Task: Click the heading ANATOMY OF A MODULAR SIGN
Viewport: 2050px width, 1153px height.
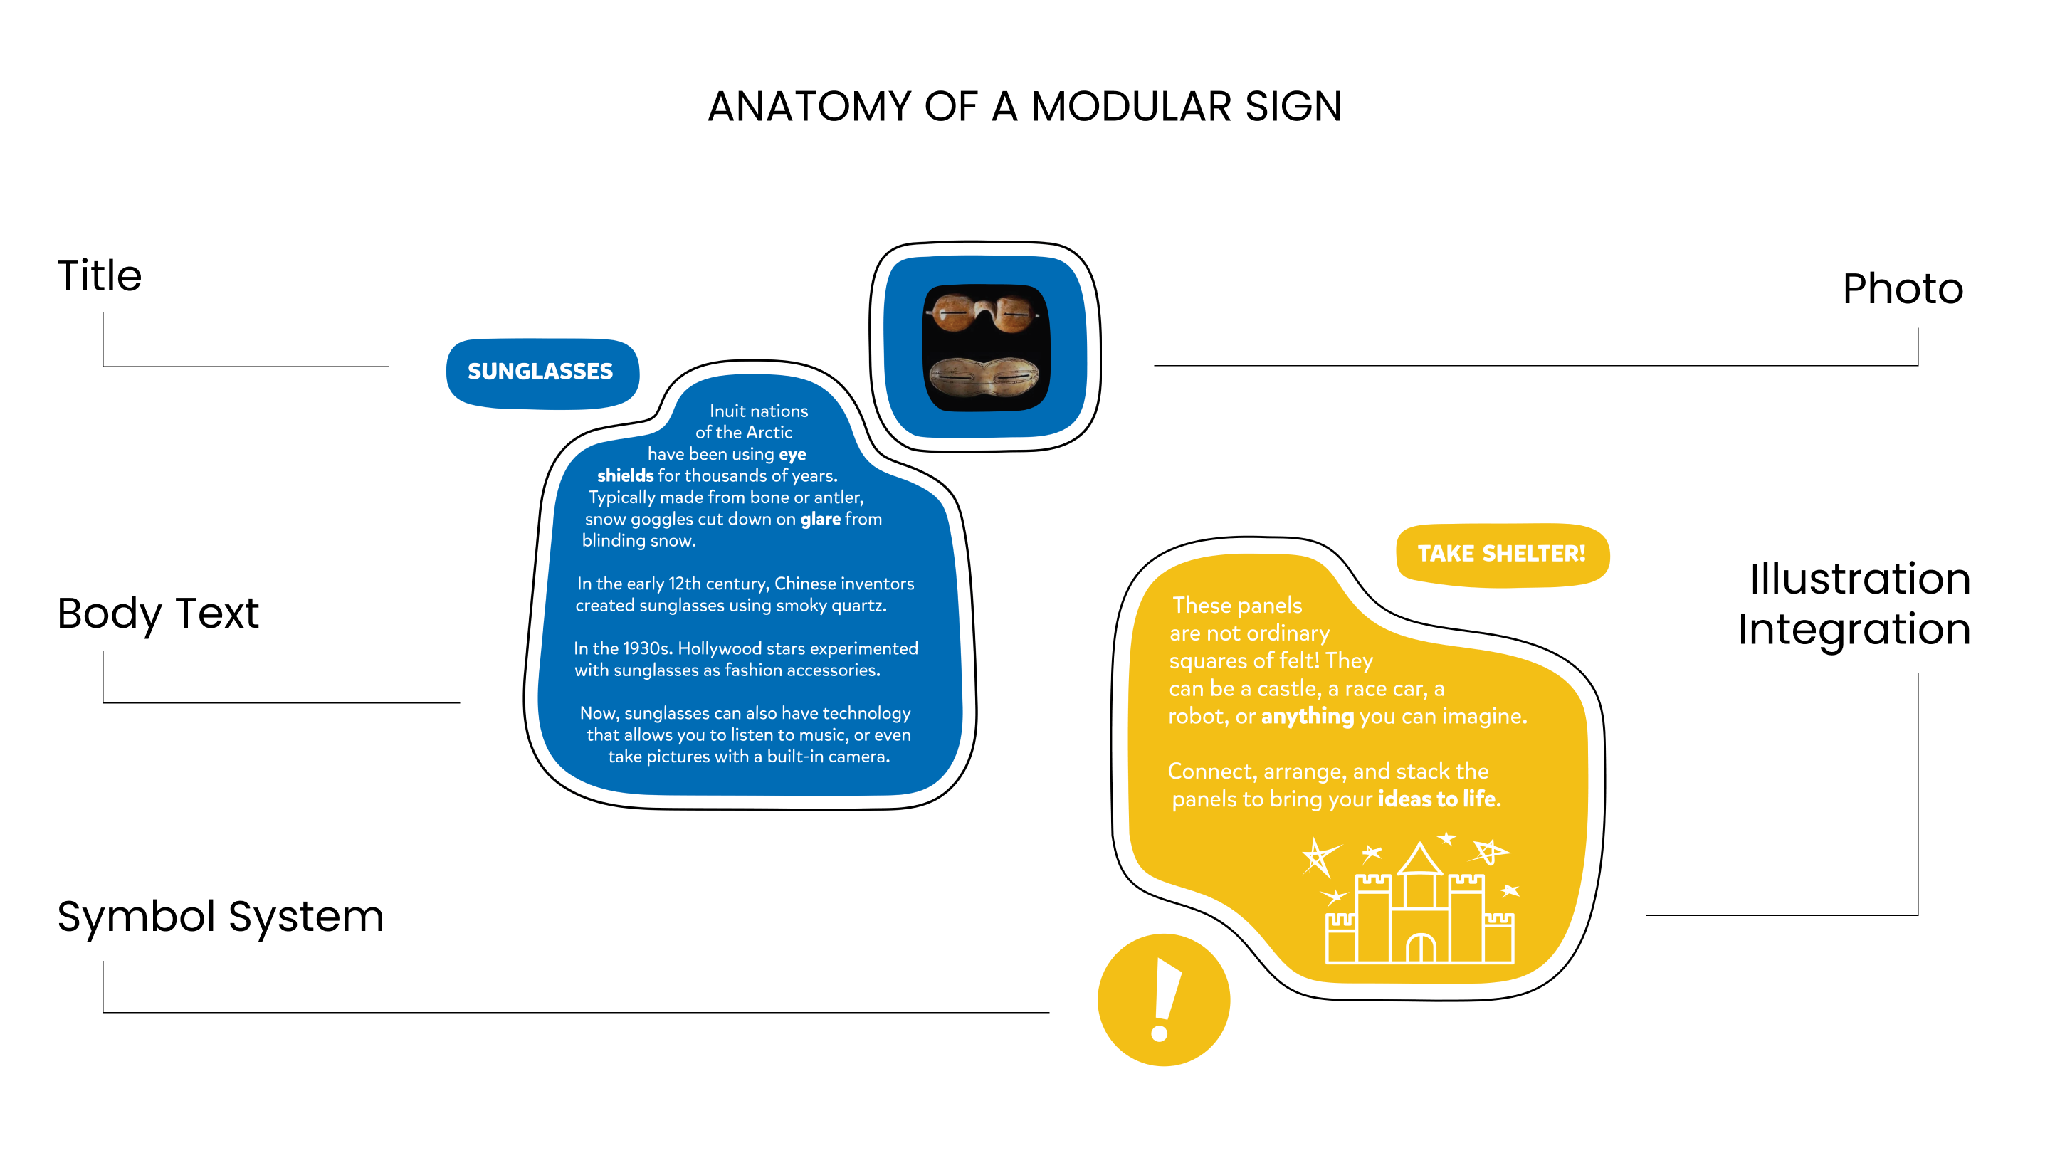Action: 1024,107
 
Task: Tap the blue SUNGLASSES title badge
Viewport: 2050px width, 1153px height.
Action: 541,372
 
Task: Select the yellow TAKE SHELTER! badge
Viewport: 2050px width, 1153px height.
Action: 1501,554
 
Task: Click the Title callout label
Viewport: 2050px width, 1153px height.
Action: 100,276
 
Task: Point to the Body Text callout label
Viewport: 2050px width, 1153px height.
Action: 157,614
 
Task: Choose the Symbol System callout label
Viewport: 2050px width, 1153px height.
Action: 221,917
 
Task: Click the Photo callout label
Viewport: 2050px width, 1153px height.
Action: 1902,289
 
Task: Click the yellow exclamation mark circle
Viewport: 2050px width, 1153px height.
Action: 1164,1000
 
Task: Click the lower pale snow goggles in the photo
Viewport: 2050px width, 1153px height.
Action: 984,377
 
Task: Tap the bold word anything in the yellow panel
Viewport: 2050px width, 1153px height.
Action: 1307,716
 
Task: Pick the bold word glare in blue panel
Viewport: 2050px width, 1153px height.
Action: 820,520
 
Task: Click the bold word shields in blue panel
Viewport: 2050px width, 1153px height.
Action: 626,476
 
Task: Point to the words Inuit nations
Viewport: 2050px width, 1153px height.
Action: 758,411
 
